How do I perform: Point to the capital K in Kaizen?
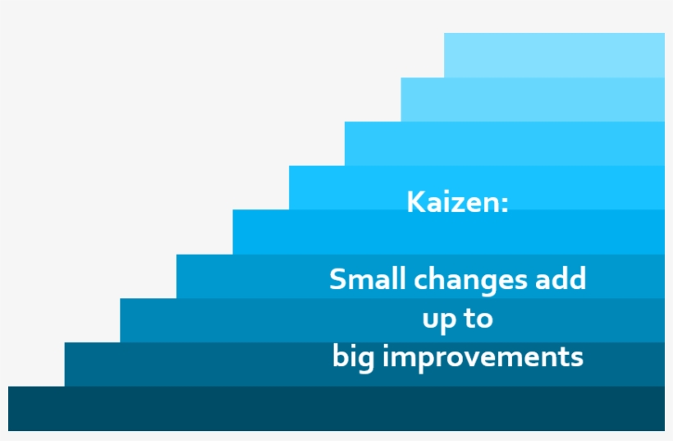point(414,202)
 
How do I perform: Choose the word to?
point(478,319)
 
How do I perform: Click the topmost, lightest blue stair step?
point(554,55)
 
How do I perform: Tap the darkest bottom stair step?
point(246,408)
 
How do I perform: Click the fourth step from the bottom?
point(246,276)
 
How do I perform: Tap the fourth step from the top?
point(345,187)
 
